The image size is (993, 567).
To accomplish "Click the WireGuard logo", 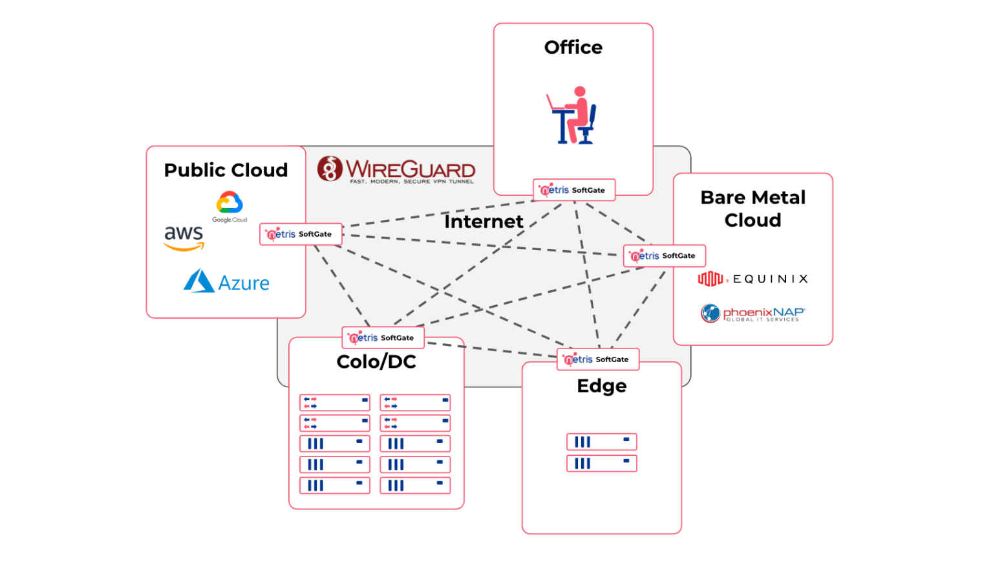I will pyautogui.click(x=396, y=170).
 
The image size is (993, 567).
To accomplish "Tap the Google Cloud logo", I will pyautogui.click(x=230, y=206).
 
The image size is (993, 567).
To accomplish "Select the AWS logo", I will pyautogui.click(x=184, y=238).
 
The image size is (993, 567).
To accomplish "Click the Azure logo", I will pyautogui.click(x=226, y=282).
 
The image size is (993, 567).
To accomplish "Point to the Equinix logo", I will pyautogui.click(x=753, y=279).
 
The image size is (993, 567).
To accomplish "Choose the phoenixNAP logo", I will pyautogui.click(x=753, y=314).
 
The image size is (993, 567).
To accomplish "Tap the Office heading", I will pyautogui.click(x=573, y=47).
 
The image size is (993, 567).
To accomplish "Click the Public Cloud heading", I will pyautogui.click(x=226, y=170).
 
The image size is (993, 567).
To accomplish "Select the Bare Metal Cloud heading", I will pyautogui.click(x=753, y=208).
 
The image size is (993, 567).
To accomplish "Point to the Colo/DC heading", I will pyautogui.click(x=376, y=361).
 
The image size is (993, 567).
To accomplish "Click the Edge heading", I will pyautogui.click(x=601, y=386).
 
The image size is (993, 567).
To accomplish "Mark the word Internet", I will pyautogui.click(x=484, y=222).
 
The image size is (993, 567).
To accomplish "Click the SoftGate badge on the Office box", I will pyautogui.click(x=573, y=190).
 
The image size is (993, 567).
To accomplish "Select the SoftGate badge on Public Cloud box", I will pyautogui.click(x=301, y=234).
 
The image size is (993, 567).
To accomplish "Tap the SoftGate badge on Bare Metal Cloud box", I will pyautogui.click(x=664, y=256).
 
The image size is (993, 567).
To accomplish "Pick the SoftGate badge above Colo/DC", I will pyautogui.click(x=383, y=337).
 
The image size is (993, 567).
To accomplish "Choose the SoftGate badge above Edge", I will pyautogui.click(x=597, y=359).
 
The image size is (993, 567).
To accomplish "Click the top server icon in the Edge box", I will pyautogui.click(x=601, y=442).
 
